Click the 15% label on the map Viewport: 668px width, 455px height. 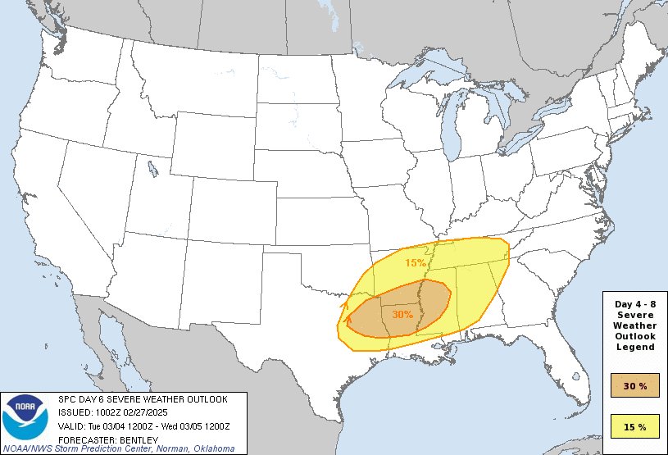point(416,263)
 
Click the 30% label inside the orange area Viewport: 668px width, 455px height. point(402,313)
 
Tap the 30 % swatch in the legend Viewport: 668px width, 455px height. point(635,384)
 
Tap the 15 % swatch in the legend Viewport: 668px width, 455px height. point(635,426)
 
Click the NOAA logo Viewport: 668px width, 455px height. point(25,419)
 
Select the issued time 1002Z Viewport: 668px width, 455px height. point(109,412)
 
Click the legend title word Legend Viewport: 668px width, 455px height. point(635,347)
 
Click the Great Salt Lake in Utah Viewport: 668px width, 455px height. point(153,170)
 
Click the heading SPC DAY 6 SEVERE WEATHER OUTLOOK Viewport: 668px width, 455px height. point(143,398)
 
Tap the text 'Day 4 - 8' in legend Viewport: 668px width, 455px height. point(635,304)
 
